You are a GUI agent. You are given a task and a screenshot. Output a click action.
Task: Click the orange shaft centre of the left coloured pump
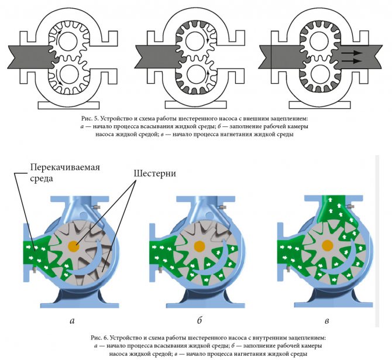(74, 245)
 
